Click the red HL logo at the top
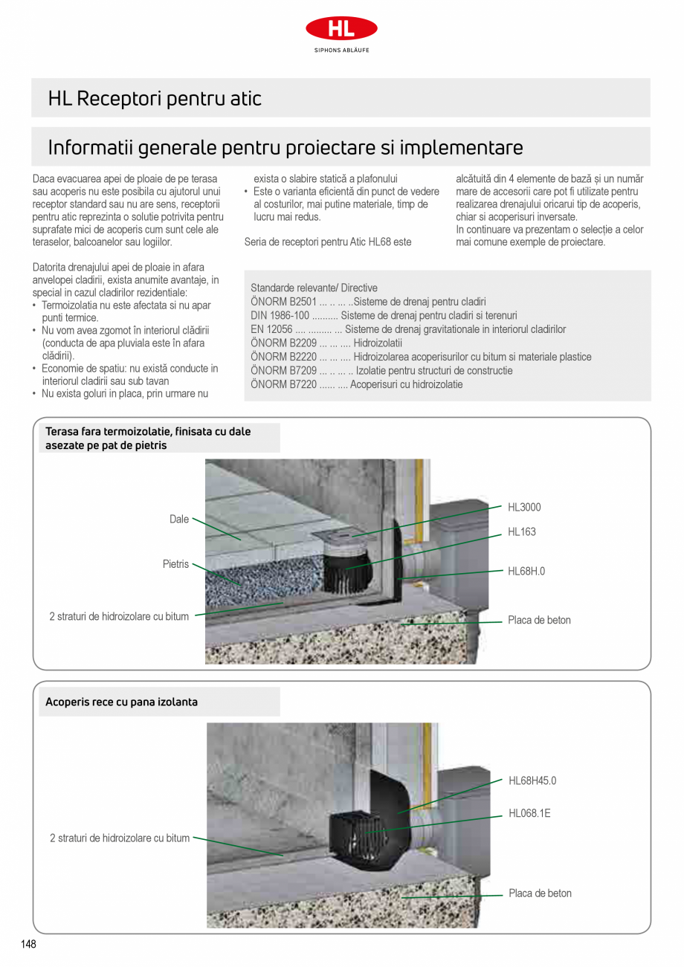pos(341,29)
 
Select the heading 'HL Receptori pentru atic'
pos(155,99)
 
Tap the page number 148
pos(28,944)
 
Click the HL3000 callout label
pos(524,508)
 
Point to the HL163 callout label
pos(521,532)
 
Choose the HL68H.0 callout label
pos(526,572)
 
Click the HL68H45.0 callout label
pos(532,780)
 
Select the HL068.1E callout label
pos(529,814)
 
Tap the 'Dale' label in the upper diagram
pos(179,520)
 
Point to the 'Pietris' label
pos(176,565)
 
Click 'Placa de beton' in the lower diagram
pos(540,893)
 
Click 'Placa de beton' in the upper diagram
pos(539,620)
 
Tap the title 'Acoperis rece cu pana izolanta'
pos(122,702)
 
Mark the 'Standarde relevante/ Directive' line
pos(314,288)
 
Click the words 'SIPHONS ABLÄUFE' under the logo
pos(341,51)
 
